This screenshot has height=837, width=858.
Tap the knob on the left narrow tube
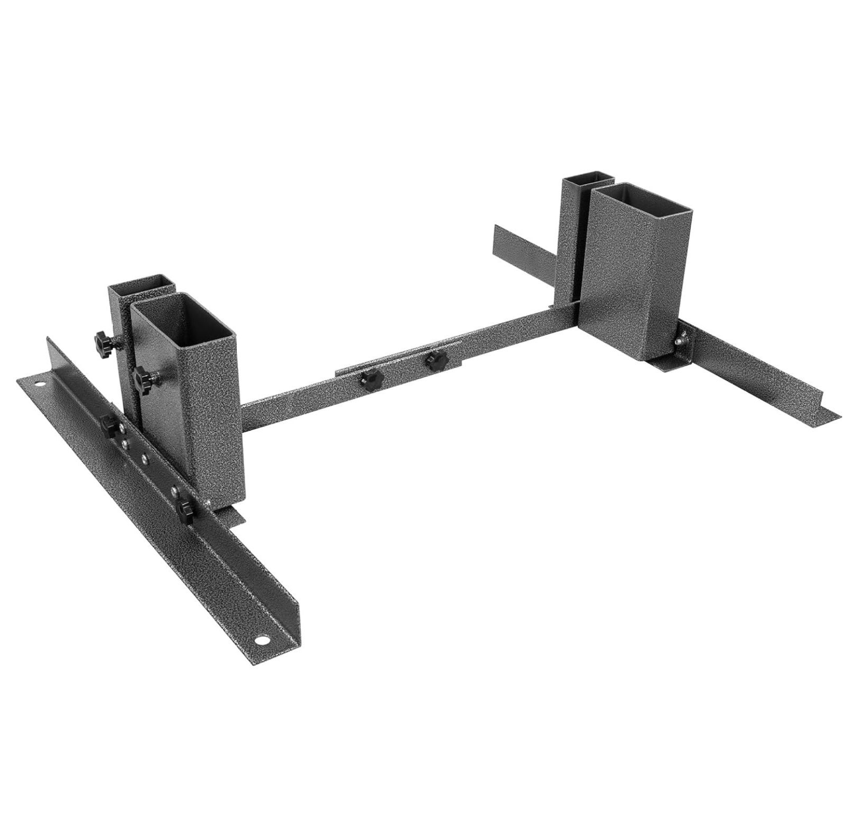[102, 338]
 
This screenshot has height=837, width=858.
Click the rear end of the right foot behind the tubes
[501, 232]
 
